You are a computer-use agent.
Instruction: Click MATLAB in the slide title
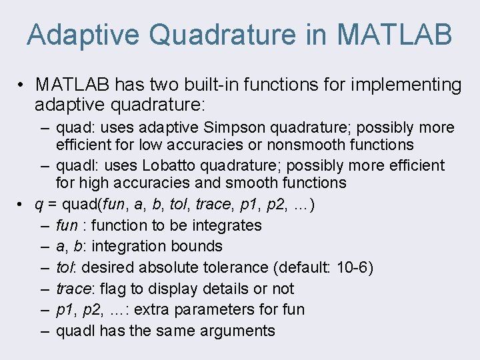[395, 35]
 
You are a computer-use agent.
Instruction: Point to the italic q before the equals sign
[39, 204]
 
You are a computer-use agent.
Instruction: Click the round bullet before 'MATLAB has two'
[22, 85]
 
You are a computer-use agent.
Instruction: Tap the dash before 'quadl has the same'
[43, 331]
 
